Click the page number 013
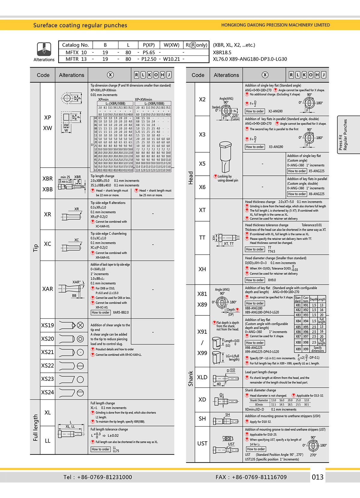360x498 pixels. click(x=317, y=477)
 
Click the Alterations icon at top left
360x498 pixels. click(x=44, y=49)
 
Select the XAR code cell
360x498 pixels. click(x=47, y=289)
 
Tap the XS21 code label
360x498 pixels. click(x=47, y=352)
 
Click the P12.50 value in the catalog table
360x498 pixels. click(x=149, y=59)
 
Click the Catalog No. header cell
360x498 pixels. click(x=75, y=45)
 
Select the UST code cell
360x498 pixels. click(x=202, y=443)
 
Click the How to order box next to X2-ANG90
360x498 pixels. click(x=255, y=111)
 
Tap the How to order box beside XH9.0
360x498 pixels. click(x=255, y=280)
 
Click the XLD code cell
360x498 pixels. click(x=202, y=377)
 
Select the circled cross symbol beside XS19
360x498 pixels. click(x=80, y=325)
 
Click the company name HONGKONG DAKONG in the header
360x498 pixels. click(x=275, y=25)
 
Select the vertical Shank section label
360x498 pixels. click(x=190, y=378)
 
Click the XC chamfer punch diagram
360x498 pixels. click(x=71, y=246)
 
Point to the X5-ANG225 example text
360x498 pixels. click(x=316, y=171)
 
